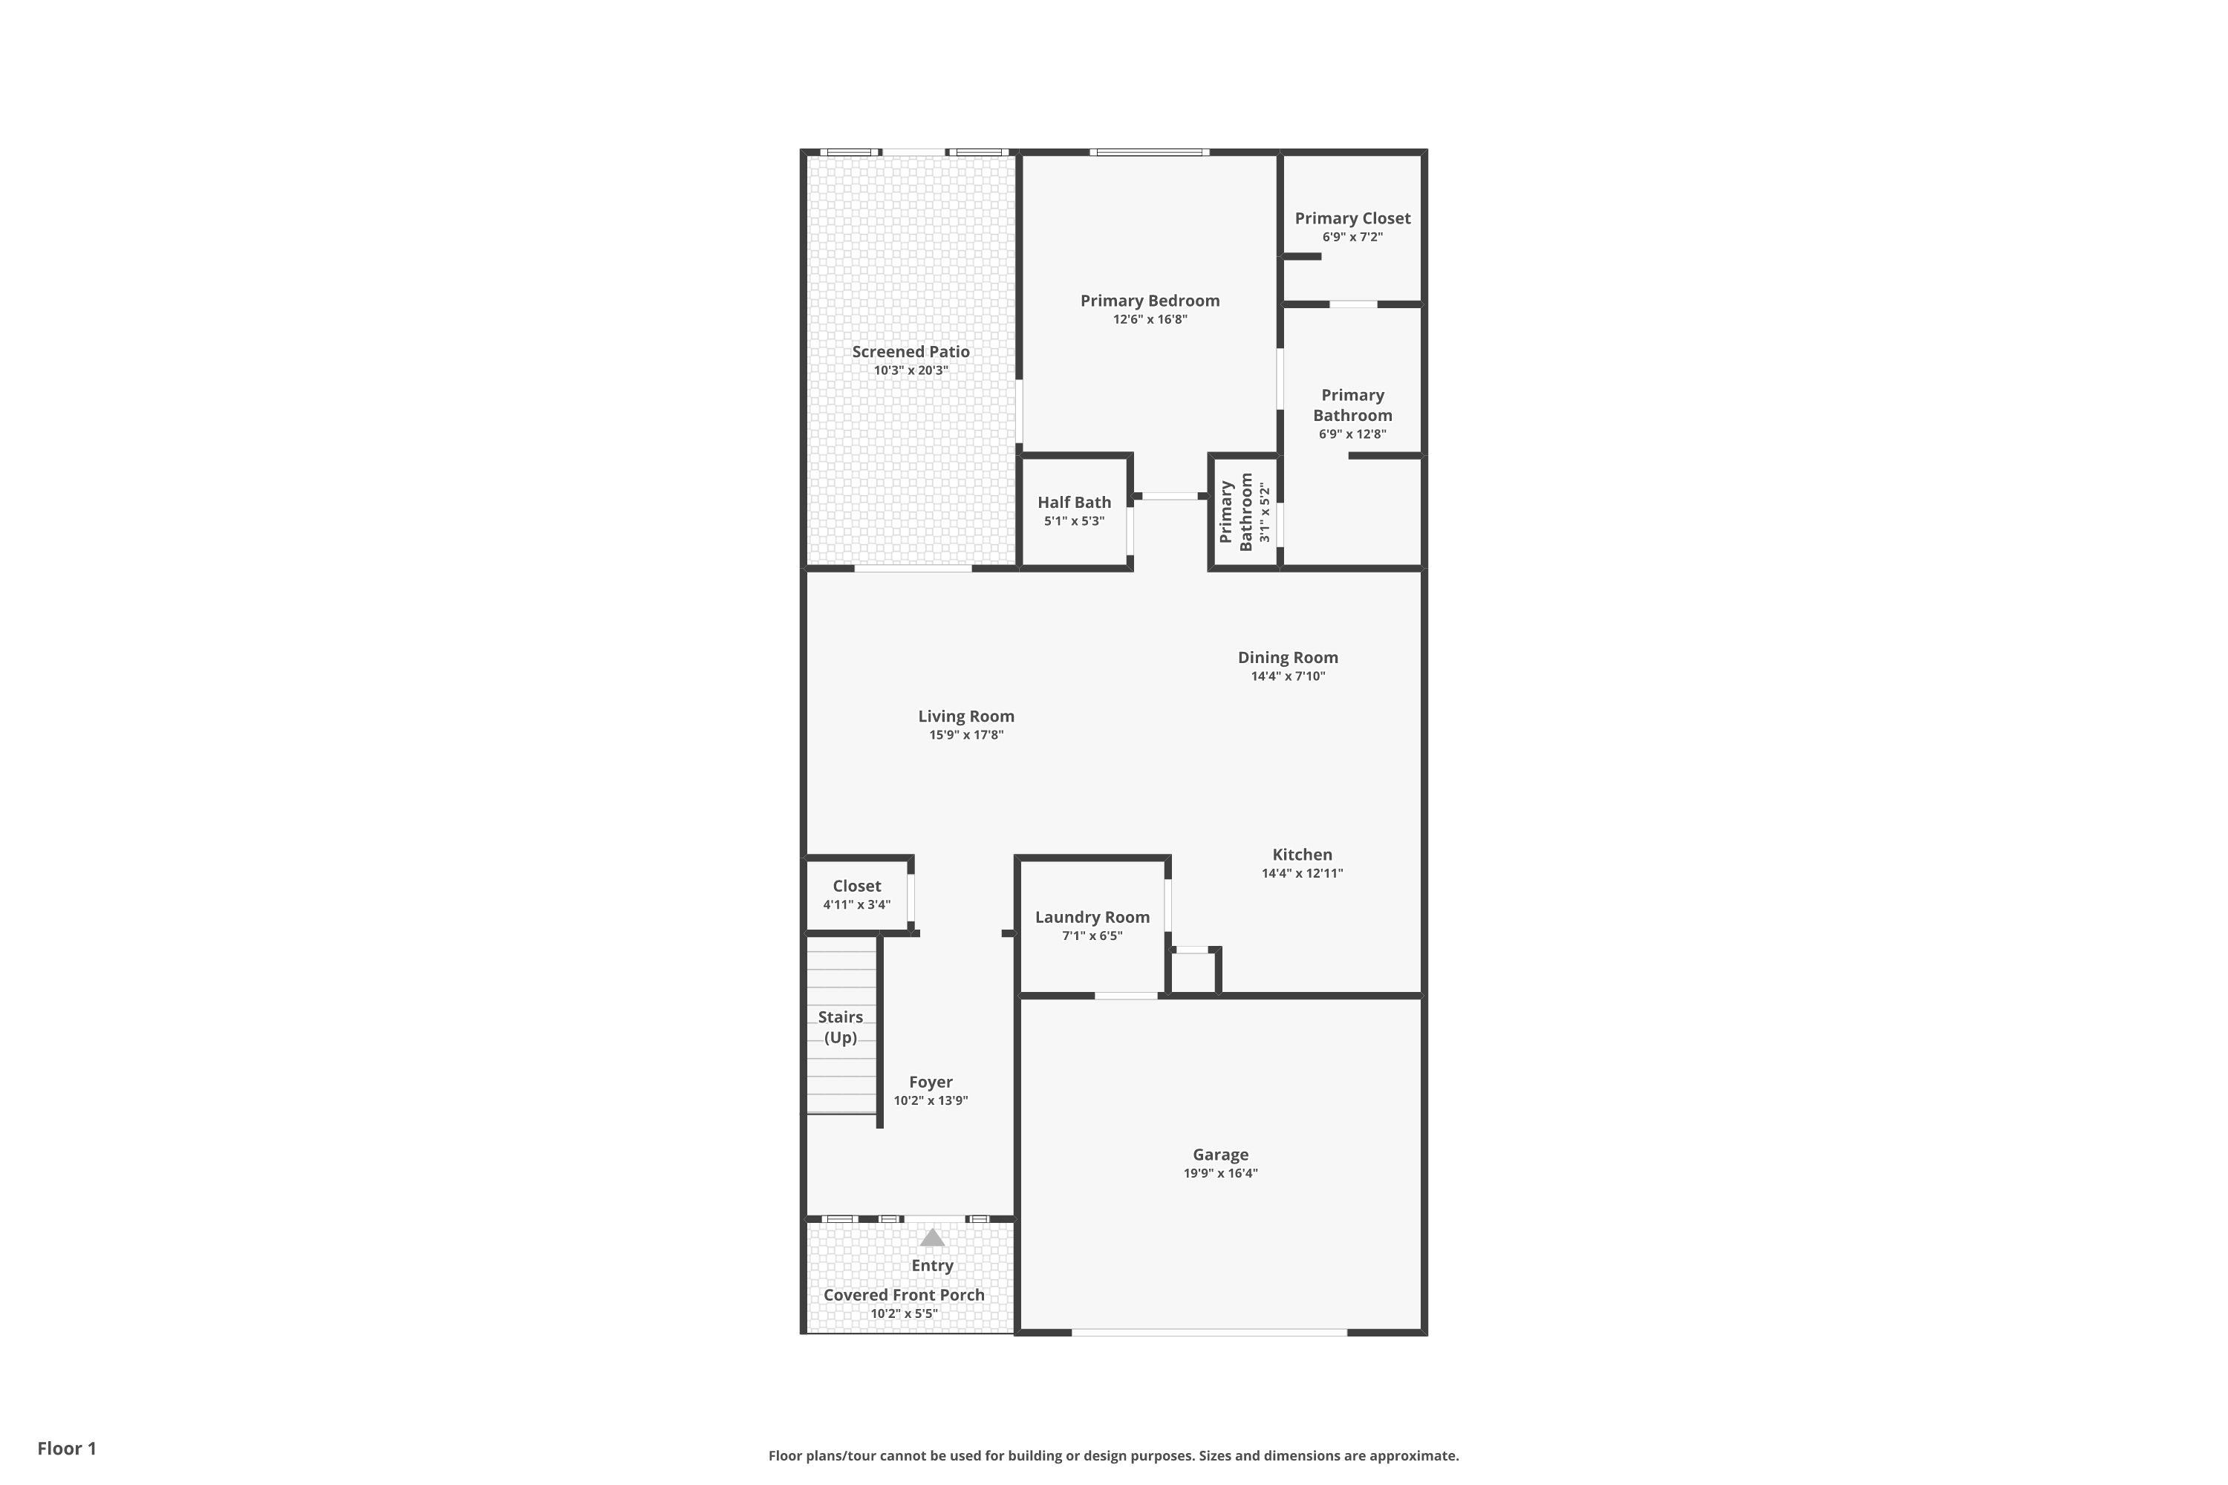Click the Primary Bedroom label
(x=1150, y=300)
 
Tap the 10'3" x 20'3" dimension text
(x=911, y=371)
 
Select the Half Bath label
(x=1074, y=502)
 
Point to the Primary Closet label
(x=1352, y=218)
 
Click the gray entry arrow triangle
(x=932, y=1237)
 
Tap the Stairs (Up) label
(x=840, y=1027)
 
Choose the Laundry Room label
(x=1092, y=917)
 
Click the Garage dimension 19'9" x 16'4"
(x=1220, y=1172)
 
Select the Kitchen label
(x=1303, y=855)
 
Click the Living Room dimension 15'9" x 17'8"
(x=966, y=735)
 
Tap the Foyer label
(x=931, y=1082)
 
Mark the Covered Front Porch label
(x=904, y=1295)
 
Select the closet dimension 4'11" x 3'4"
(x=856, y=904)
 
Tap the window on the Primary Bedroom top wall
(x=1149, y=151)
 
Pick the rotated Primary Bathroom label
(x=1237, y=512)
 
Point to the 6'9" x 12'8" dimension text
(x=1352, y=434)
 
